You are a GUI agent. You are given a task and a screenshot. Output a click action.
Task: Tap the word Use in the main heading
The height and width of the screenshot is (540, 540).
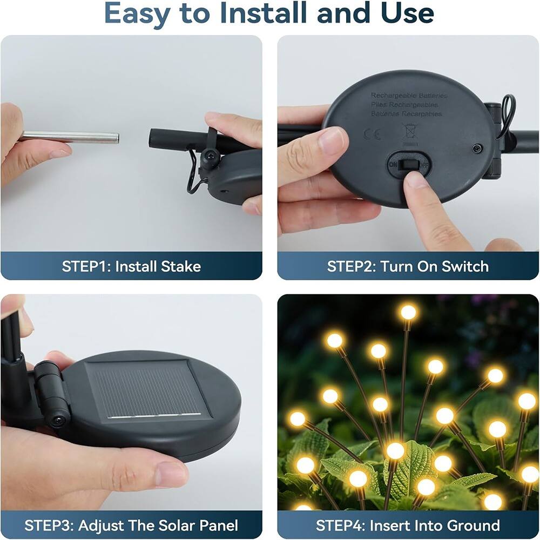coord(406,13)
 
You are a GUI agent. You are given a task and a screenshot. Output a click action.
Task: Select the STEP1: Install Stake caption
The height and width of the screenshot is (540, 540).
coord(131,266)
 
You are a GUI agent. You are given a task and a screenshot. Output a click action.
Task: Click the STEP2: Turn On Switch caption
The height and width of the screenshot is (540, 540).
coord(408,266)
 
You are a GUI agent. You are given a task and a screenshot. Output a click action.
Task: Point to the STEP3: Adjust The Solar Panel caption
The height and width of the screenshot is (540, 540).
coord(131,525)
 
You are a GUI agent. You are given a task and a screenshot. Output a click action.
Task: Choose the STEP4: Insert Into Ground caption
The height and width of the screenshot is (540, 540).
coord(408,525)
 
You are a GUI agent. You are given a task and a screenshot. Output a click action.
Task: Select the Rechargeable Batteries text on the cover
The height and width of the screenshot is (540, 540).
coord(409,96)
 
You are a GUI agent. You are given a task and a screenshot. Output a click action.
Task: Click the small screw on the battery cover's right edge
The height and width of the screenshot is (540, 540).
coord(477,148)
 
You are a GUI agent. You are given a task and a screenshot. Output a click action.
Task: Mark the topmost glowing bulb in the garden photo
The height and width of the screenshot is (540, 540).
coord(408,312)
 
